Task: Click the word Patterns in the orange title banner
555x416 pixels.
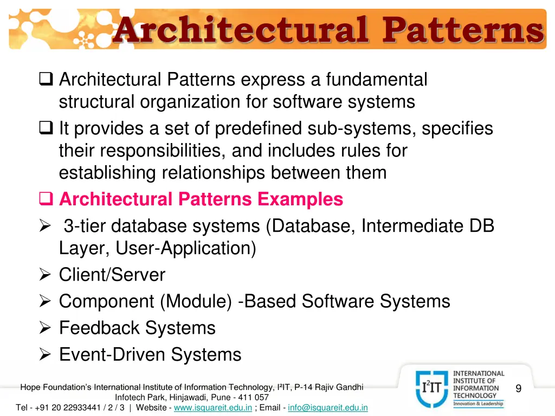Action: [462, 30]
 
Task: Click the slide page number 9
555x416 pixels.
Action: [519, 388]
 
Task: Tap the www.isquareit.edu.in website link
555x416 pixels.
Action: [213, 407]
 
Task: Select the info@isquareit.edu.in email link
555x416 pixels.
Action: [328, 407]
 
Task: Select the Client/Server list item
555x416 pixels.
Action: [112, 275]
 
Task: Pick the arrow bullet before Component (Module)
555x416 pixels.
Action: [46, 302]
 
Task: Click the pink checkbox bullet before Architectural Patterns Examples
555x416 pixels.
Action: [46, 200]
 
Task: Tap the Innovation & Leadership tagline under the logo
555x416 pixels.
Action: [479, 404]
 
